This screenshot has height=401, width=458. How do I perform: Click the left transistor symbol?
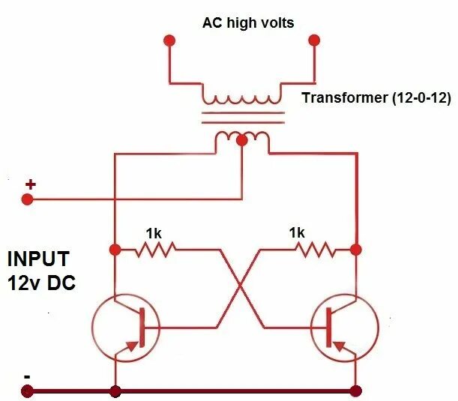124,328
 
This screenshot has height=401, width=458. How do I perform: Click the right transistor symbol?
345,328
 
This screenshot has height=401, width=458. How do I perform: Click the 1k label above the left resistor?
154,233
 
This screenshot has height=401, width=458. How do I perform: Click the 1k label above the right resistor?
297,233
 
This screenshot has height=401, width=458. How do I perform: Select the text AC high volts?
248,22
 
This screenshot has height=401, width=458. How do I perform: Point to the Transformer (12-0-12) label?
376,97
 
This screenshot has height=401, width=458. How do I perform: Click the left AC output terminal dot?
169,39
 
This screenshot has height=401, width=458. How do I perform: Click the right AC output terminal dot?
314,39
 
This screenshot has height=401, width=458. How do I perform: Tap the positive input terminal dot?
28,200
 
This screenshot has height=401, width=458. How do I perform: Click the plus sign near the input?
31,184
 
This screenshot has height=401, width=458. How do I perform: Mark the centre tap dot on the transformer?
241,139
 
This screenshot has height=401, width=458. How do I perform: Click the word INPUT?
38,259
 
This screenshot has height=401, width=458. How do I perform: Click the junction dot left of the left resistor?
115,249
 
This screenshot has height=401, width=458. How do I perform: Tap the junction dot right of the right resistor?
356,249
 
